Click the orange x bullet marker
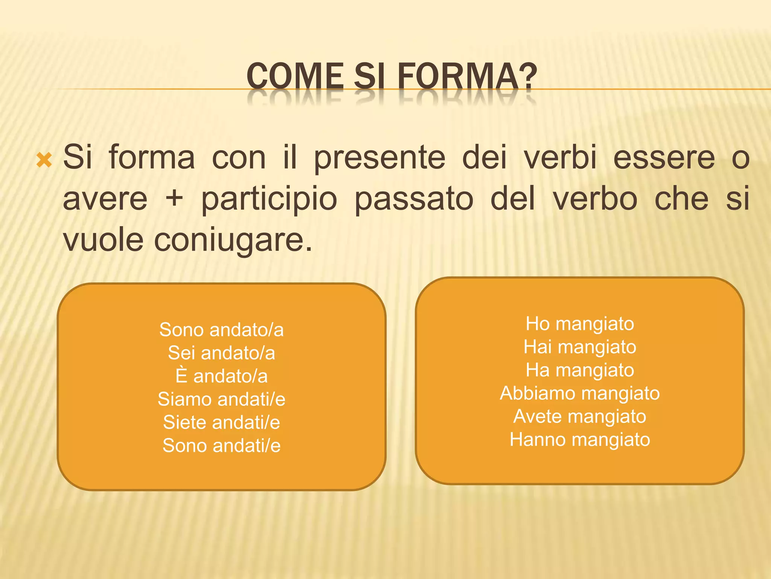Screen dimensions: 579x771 [x=44, y=160]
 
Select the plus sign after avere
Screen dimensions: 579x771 [x=174, y=198]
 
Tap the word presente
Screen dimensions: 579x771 [x=379, y=157]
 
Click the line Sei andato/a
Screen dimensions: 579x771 [x=221, y=353]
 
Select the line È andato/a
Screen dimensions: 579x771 [x=221, y=376]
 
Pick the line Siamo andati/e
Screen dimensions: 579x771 [x=221, y=399]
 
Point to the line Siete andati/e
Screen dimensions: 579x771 [x=221, y=422]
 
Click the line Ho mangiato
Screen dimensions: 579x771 [x=580, y=323]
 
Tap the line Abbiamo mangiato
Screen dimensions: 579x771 [x=580, y=393]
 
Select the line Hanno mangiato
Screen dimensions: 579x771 [x=580, y=440]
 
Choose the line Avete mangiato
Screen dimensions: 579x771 [x=580, y=416]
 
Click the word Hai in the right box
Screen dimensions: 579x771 [x=537, y=347]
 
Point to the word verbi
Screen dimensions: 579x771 [x=561, y=157]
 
